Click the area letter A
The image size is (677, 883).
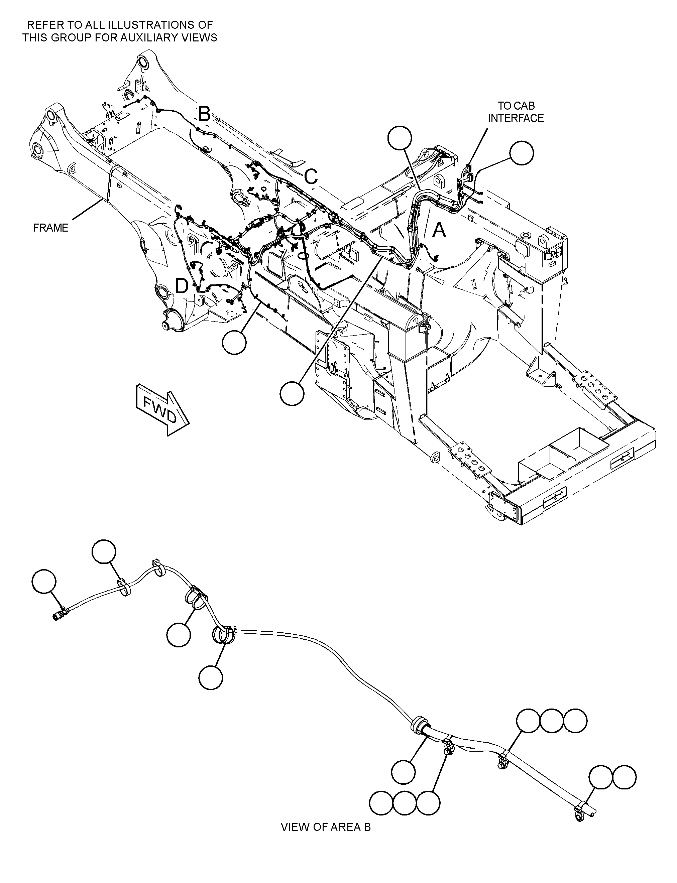point(439,231)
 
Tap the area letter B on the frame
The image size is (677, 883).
point(204,114)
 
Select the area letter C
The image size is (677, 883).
point(311,176)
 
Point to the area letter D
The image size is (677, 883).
point(182,286)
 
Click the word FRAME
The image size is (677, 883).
point(50,228)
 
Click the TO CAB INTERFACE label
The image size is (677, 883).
point(516,112)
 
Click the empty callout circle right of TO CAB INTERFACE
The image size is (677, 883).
point(522,153)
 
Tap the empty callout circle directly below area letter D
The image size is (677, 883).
point(234,342)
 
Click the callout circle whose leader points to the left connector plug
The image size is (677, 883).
point(44,581)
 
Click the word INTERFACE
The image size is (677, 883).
point(516,118)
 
